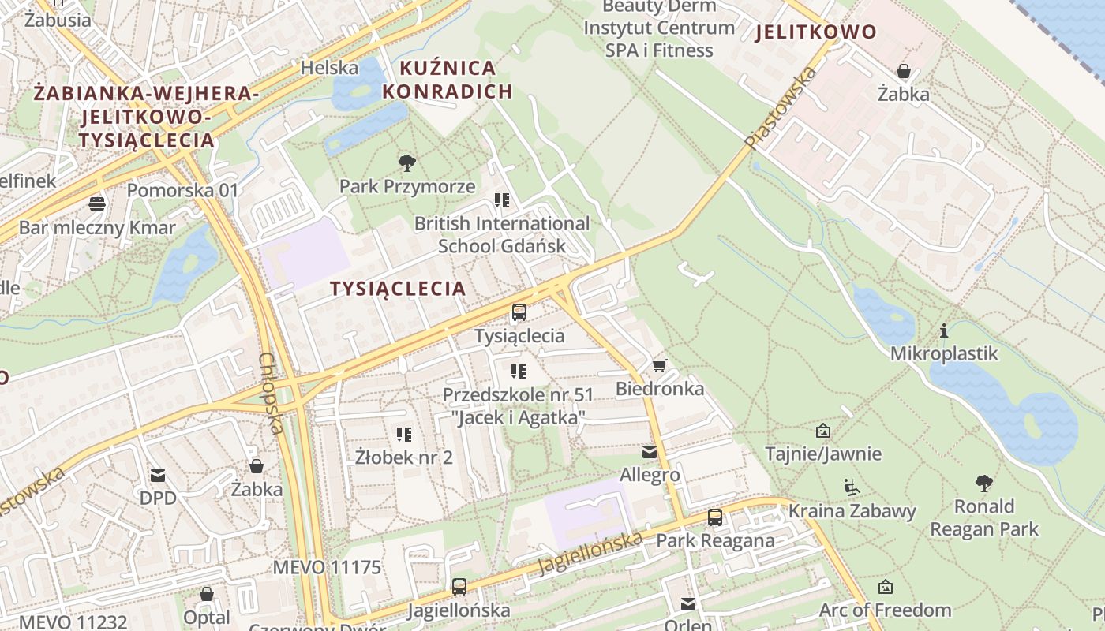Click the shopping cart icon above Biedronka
click(660, 365)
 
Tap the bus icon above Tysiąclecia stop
click(519, 312)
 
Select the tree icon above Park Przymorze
click(407, 163)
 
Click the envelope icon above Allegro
click(650, 452)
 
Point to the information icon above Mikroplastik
click(943, 330)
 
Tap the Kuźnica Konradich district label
click(448, 80)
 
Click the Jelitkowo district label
click(815, 32)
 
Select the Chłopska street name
click(271, 392)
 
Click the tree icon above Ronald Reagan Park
click(983, 483)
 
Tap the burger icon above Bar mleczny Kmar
click(97, 204)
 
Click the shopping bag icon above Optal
click(207, 594)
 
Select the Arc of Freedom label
click(885, 610)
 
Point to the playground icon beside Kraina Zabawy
click(852, 487)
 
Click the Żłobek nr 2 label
click(404, 457)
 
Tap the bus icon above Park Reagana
click(715, 517)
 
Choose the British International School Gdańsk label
click(502, 234)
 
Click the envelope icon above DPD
click(158, 475)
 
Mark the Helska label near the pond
click(329, 68)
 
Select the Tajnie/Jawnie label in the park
click(823, 454)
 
